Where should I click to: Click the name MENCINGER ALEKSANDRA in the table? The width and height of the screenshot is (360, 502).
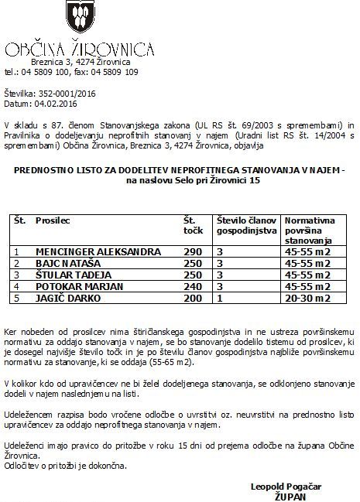click(98, 252)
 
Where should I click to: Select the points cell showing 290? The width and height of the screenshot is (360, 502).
click(192, 252)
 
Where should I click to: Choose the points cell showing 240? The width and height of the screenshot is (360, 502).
click(192, 285)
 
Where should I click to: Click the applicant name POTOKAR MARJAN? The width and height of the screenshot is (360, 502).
click(78, 285)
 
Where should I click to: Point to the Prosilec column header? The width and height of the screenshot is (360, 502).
click(53, 220)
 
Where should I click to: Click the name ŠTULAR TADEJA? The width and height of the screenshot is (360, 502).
click(72, 275)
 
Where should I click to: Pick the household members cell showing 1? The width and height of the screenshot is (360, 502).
click(221, 296)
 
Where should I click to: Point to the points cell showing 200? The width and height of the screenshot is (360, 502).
click(192, 296)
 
